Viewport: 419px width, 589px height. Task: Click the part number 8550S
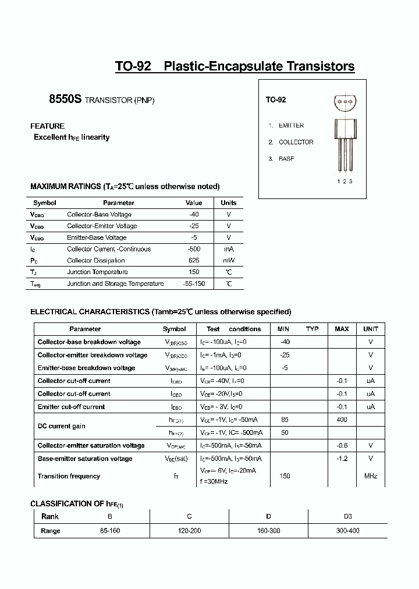point(65,100)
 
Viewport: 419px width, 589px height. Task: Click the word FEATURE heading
point(47,126)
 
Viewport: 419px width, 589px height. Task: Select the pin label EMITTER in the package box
point(291,125)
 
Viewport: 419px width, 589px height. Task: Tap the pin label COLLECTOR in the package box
point(296,142)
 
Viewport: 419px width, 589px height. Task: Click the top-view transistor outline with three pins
point(345,102)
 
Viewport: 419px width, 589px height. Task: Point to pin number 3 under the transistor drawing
point(351,181)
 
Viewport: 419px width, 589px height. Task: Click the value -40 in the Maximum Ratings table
point(194,214)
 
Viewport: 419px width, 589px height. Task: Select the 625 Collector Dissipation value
point(194,261)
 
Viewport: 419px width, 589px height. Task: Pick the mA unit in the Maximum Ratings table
point(229,249)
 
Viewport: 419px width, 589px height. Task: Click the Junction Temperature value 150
point(194,272)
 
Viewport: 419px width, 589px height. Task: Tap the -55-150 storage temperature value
point(194,283)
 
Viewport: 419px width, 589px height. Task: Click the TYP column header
point(313,329)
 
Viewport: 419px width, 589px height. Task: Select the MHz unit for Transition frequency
point(371,476)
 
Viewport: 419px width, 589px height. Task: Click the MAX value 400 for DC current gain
point(342,420)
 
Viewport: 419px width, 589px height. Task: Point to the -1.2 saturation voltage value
point(342,459)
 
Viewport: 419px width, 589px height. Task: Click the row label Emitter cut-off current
point(71,407)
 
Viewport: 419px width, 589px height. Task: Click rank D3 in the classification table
point(347,516)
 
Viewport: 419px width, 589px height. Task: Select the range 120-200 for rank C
point(189,531)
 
